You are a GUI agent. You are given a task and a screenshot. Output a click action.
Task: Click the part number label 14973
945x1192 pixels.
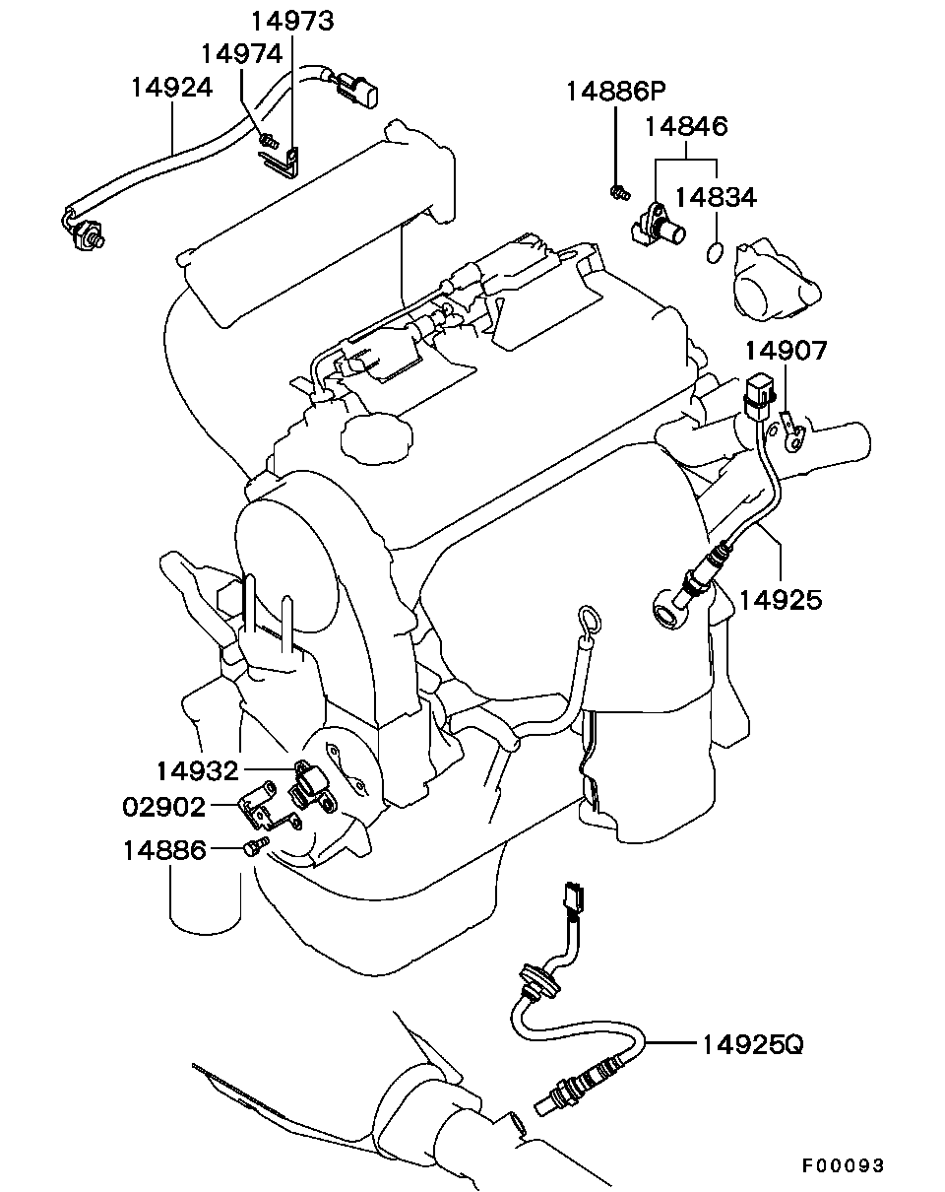click(293, 22)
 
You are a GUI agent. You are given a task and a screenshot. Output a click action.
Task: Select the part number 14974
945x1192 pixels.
click(242, 54)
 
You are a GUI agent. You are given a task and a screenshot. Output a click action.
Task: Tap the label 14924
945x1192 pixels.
click(171, 88)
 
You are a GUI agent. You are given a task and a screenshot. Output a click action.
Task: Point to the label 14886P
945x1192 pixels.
click(615, 91)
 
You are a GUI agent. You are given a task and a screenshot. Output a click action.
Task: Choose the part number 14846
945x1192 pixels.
click(686, 126)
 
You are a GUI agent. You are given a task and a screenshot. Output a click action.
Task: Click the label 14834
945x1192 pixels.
click(716, 197)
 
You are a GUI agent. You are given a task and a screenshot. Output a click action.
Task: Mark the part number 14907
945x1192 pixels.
click(786, 350)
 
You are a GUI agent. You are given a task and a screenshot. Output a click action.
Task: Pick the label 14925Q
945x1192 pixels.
click(752, 1044)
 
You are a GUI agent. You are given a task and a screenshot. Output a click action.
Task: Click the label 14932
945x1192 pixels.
click(198, 770)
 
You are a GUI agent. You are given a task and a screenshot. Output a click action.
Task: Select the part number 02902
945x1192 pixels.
click(163, 807)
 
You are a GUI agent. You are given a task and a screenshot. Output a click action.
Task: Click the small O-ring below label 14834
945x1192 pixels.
click(715, 252)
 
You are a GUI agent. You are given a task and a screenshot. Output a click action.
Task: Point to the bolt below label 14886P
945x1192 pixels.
click(619, 192)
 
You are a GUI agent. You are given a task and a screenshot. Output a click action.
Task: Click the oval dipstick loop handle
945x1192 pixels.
click(588, 621)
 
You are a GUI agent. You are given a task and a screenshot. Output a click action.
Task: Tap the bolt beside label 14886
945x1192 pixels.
click(256, 846)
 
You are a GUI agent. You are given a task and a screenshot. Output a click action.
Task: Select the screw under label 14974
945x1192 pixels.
click(269, 140)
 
